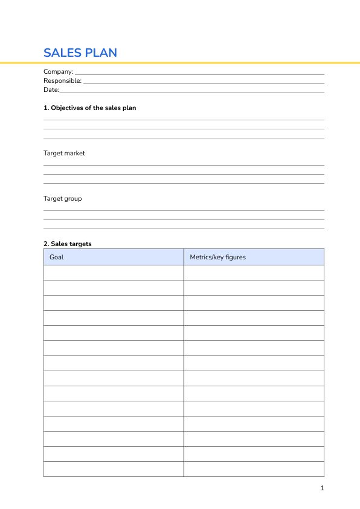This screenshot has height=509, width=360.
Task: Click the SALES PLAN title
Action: [80, 53]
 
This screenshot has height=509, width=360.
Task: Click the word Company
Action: [57, 72]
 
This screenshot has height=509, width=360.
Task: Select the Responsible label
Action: [62, 81]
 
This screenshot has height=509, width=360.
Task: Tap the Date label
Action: [51, 90]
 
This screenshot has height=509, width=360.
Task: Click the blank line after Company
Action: [199, 73]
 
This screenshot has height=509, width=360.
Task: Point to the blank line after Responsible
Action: [204, 82]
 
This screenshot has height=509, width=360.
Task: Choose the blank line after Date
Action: [192, 91]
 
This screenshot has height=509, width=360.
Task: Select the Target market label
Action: [64, 154]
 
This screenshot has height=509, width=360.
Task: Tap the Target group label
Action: [62, 199]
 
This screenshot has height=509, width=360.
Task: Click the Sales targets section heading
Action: [68, 244]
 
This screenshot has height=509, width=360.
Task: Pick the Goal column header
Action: [56, 258]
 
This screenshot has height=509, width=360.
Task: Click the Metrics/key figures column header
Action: [217, 258]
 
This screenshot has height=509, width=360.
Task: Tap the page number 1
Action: [322, 488]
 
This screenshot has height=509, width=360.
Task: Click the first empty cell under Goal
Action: [114, 273]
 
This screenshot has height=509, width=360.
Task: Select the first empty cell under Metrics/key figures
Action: [254, 273]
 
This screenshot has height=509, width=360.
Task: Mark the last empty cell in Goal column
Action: [114, 469]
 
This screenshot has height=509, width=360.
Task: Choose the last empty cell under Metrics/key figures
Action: [254, 469]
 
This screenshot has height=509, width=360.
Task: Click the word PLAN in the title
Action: [101, 53]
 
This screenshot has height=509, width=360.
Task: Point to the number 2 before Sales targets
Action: [45, 244]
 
